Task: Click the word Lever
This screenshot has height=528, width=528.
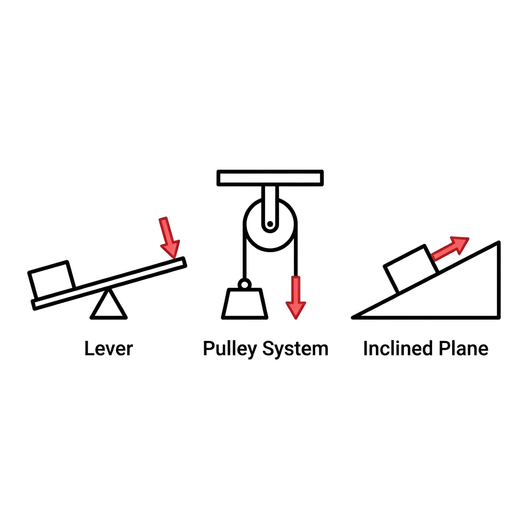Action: coord(108,349)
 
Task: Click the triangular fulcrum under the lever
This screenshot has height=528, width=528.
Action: coord(108,306)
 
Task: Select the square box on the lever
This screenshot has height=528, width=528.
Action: coord(51,280)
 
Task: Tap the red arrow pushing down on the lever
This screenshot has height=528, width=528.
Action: coord(169,237)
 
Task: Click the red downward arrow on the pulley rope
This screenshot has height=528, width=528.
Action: coord(296,296)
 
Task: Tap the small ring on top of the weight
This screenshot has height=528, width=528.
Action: coord(244,284)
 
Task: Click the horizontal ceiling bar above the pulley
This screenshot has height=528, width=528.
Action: coord(270,177)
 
